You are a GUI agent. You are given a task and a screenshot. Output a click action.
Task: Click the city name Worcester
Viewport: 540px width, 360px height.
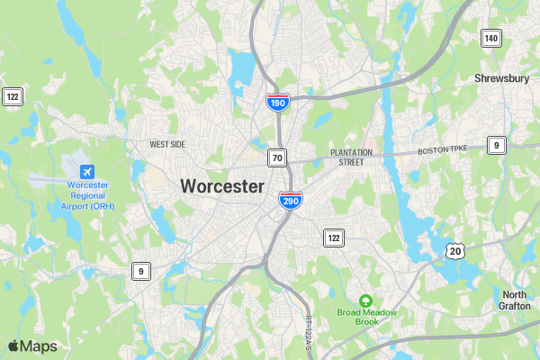(x=222, y=186)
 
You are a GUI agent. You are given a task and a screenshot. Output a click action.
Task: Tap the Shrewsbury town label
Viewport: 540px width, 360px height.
(x=501, y=78)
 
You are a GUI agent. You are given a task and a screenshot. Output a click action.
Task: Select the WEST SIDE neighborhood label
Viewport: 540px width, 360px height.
(x=167, y=144)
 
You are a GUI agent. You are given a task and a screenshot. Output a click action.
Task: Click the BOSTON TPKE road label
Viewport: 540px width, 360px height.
(x=445, y=150)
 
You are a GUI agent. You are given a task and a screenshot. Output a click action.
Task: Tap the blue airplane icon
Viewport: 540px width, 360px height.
(x=87, y=172)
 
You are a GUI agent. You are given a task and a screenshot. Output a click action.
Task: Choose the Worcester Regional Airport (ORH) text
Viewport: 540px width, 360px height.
(x=88, y=195)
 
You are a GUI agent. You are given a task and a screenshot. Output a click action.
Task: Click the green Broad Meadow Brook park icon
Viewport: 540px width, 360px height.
(x=365, y=301)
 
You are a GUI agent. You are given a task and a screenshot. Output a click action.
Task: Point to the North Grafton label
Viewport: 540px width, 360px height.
(x=515, y=301)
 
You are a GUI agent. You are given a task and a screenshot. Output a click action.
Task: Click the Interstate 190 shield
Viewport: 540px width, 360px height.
(x=277, y=103)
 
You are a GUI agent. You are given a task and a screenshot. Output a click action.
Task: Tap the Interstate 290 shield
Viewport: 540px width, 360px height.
(x=290, y=200)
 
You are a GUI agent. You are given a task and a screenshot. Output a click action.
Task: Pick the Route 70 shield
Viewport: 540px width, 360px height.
(x=277, y=158)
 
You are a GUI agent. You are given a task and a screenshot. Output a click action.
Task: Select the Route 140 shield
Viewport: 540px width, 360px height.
(x=490, y=38)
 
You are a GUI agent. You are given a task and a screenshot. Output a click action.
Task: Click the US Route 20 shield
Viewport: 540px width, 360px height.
(x=455, y=250)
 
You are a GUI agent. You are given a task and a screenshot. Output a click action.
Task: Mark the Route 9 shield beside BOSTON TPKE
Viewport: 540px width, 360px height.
(x=497, y=145)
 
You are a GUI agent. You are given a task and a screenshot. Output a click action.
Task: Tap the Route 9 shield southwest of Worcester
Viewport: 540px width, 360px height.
(x=140, y=270)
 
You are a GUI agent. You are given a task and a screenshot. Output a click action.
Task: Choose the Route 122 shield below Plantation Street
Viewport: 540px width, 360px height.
(x=334, y=238)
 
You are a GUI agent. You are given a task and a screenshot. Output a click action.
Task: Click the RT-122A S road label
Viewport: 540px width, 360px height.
(x=307, y=333)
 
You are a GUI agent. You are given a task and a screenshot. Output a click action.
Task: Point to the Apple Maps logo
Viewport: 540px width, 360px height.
(x=32, y=346)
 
